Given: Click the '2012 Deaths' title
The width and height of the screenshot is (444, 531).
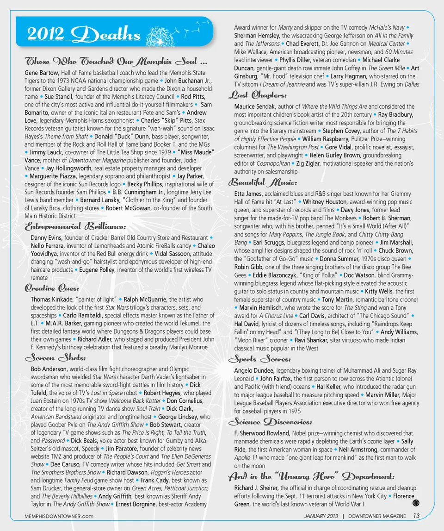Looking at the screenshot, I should (83, 34).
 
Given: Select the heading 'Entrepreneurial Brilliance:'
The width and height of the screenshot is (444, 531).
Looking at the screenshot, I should (74, 226).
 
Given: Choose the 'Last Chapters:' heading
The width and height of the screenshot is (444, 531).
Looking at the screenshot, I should (257, 95).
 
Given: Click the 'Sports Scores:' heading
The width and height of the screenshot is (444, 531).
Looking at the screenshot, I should (259, 359).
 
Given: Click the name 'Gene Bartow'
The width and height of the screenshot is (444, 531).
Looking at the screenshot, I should (42, 73).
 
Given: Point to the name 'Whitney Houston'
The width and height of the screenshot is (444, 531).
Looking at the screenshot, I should (323, 202).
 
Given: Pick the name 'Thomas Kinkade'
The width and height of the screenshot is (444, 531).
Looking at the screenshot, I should (50, 300).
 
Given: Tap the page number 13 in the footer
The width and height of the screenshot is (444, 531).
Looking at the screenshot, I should (416, 516).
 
